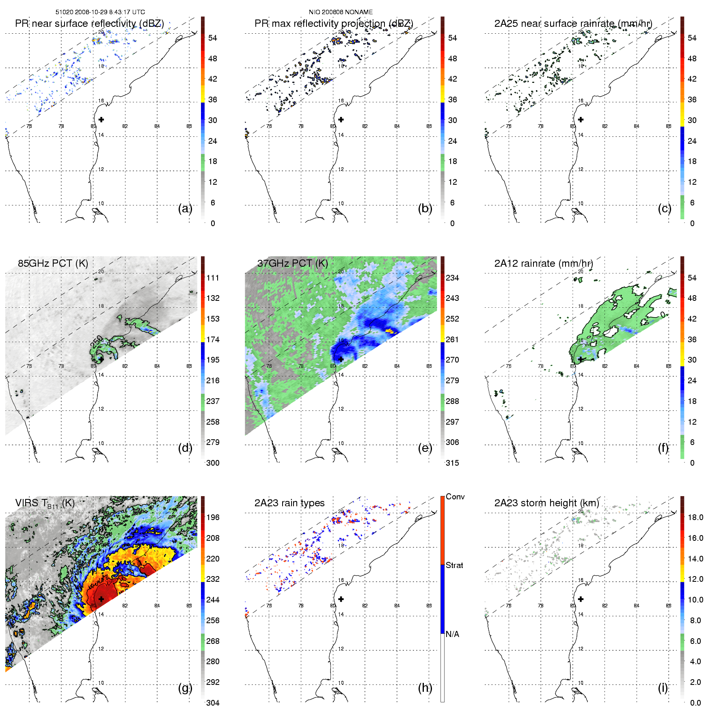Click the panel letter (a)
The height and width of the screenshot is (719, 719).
tap(185, 209)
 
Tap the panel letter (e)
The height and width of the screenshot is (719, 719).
tap(425, 448)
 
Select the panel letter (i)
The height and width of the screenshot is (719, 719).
tap(663, 688)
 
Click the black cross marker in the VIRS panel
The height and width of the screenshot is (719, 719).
tap(101, 599)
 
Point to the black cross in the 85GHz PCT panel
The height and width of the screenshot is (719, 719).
tap(101, 359)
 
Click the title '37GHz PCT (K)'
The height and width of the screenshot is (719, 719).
tap(292, 263)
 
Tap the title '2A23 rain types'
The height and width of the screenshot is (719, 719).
tap(289, 503)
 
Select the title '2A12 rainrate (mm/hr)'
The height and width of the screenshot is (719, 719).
tap(543, 263)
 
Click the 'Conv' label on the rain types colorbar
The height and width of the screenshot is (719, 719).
tap(455, 497)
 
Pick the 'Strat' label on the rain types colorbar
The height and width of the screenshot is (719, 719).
tap(454, 565)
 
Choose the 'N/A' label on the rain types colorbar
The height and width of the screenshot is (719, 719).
tap(452, 634)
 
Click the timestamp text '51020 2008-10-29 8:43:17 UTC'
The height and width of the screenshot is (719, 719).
tap(100, 12)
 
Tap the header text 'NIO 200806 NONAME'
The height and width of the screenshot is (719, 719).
tap(341, 12)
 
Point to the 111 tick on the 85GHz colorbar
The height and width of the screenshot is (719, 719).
tap(213, 278)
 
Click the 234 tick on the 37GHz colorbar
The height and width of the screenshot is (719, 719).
tap(452, 278)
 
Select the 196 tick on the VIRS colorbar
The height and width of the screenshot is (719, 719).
tap(213, 517)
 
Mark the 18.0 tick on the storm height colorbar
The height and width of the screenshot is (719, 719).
tap(695, 517)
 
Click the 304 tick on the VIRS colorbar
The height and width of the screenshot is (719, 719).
tap(213, 703)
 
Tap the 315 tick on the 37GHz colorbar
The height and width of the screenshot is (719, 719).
tap(452, 463)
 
